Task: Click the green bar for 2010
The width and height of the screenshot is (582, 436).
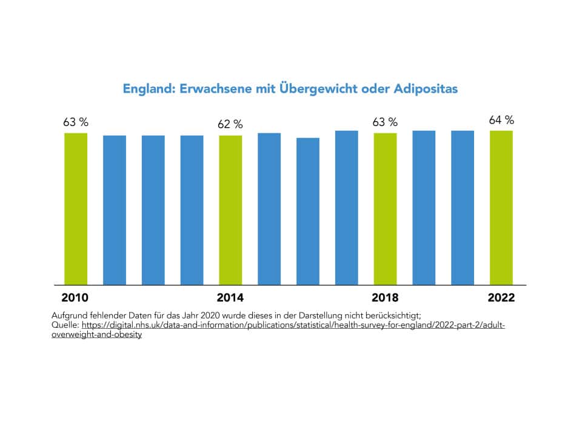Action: [x=76, y=209]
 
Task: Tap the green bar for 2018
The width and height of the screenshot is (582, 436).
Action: [x=385, y=209]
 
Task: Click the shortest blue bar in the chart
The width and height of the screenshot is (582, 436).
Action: [x=308, y=211]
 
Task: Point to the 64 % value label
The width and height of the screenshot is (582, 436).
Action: [x=501, y=121]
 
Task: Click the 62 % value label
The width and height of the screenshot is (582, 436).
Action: [x=230, y=125]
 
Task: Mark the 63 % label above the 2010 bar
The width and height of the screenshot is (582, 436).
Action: [x=76, y=122]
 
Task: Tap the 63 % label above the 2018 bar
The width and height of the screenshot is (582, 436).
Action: [x=385, y=122]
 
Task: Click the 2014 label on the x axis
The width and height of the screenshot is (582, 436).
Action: [x=230, y=298]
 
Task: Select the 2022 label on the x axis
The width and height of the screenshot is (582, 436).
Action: [x=501, y=298]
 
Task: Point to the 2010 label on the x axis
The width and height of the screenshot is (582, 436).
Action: [x=75, y=298]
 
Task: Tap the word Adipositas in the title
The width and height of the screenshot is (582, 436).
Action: [x=423, y=89]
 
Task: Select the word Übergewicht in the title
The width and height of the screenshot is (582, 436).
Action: [x=312, y=89]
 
